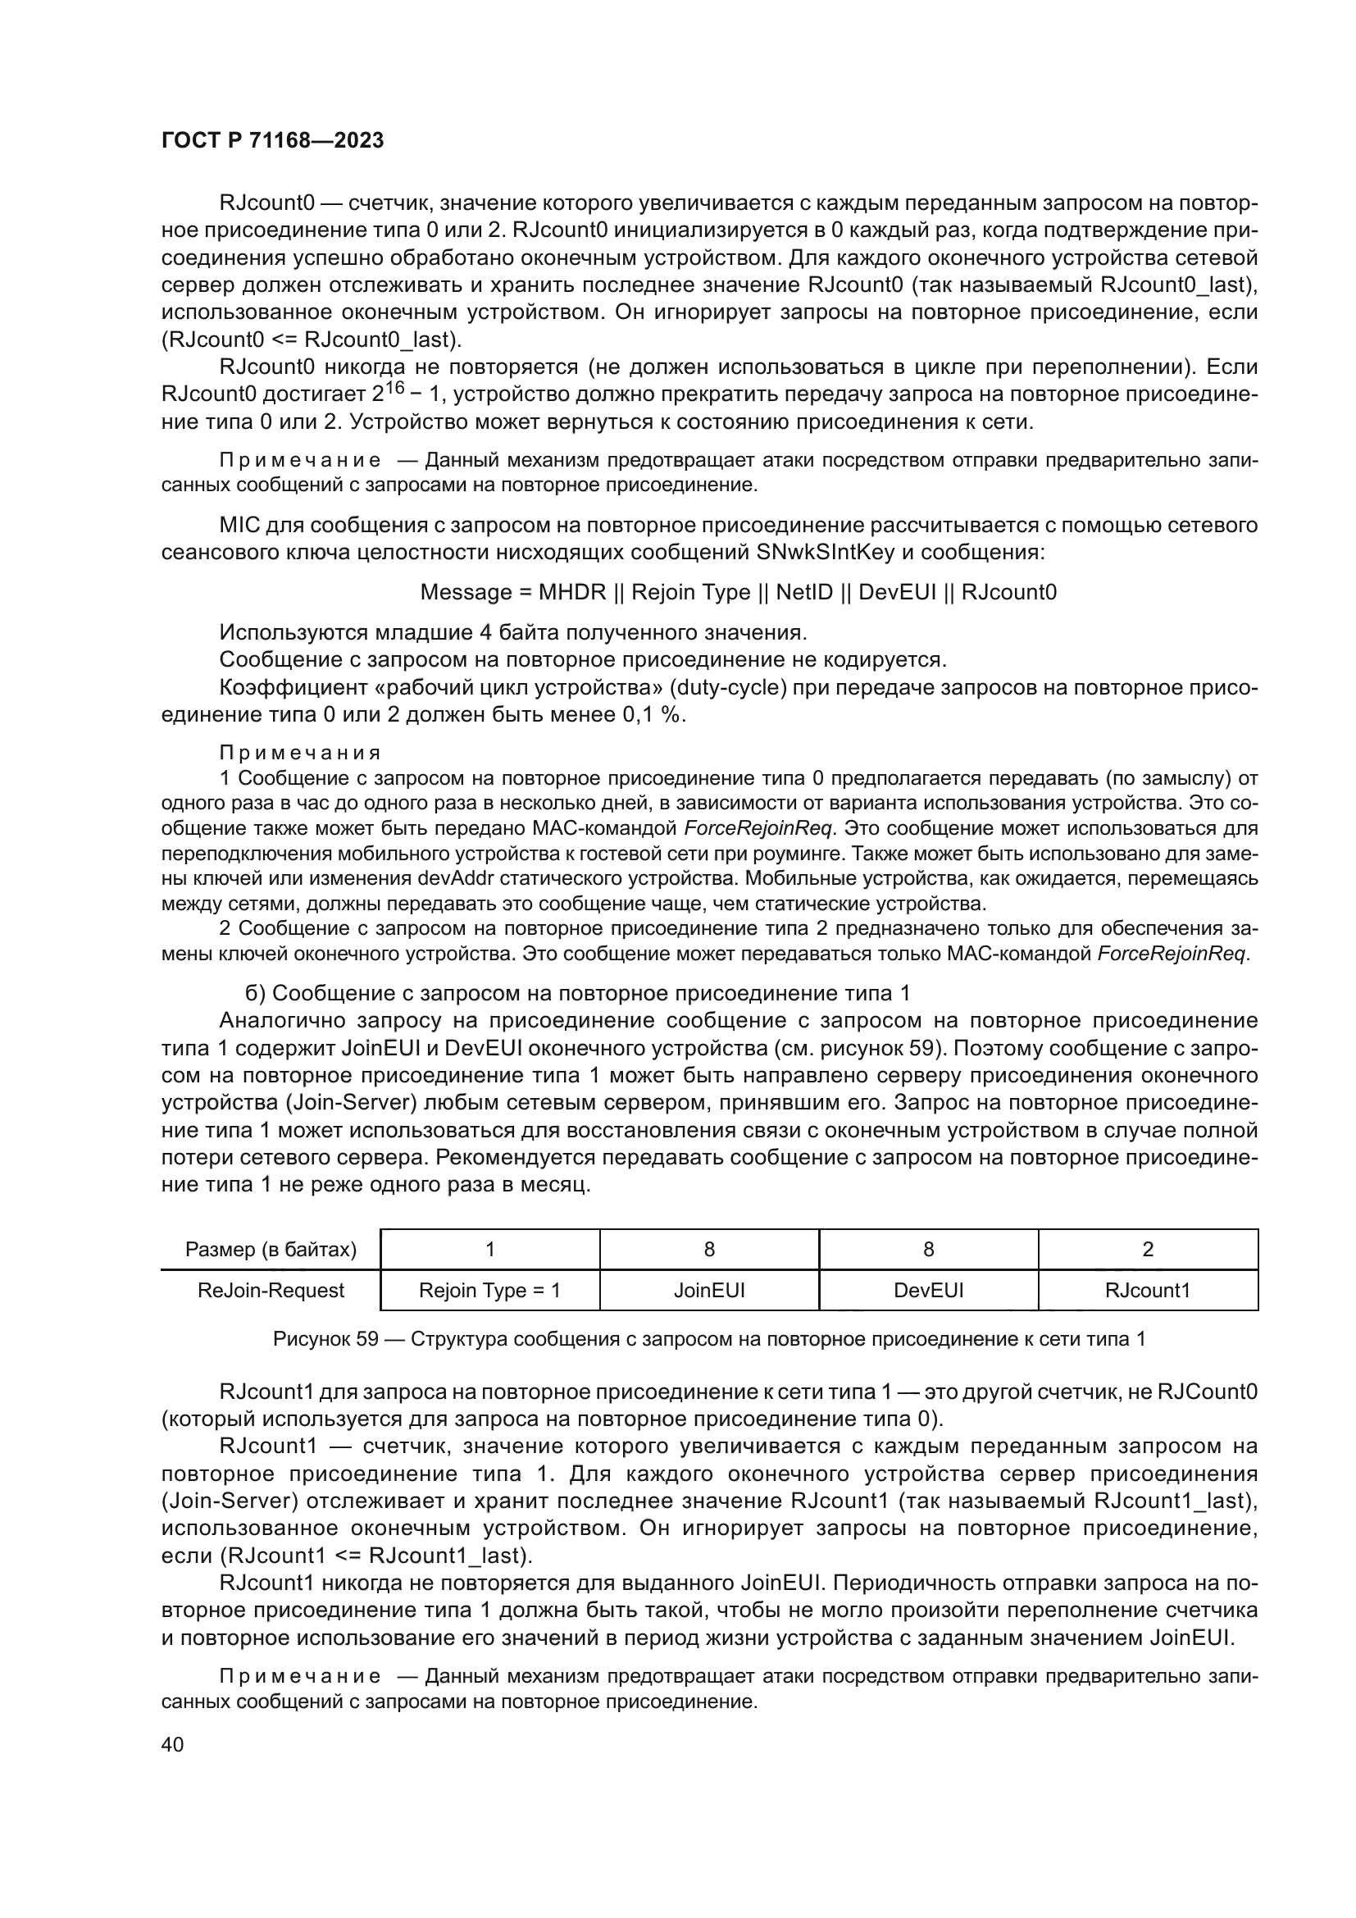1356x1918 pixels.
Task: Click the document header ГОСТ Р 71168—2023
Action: [x=272, y=140]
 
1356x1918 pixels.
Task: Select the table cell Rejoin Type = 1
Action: [x=489, y=1291]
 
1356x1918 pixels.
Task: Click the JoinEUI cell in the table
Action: [x=709, y=1291]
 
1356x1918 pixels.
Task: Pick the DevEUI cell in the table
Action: [x=929, y=1291]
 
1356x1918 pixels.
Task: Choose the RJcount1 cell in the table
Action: [x=1147, y=1291]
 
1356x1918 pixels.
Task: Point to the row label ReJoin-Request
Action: [x=271, y=1291]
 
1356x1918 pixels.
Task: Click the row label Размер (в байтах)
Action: [x=271, y=1250]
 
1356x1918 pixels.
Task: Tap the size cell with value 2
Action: [x=1147, y=1250]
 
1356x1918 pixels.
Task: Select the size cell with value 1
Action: [x=489, y=1250]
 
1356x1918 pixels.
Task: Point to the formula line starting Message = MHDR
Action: [x=738, y=592]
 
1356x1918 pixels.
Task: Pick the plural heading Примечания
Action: [x=301, y=754]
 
